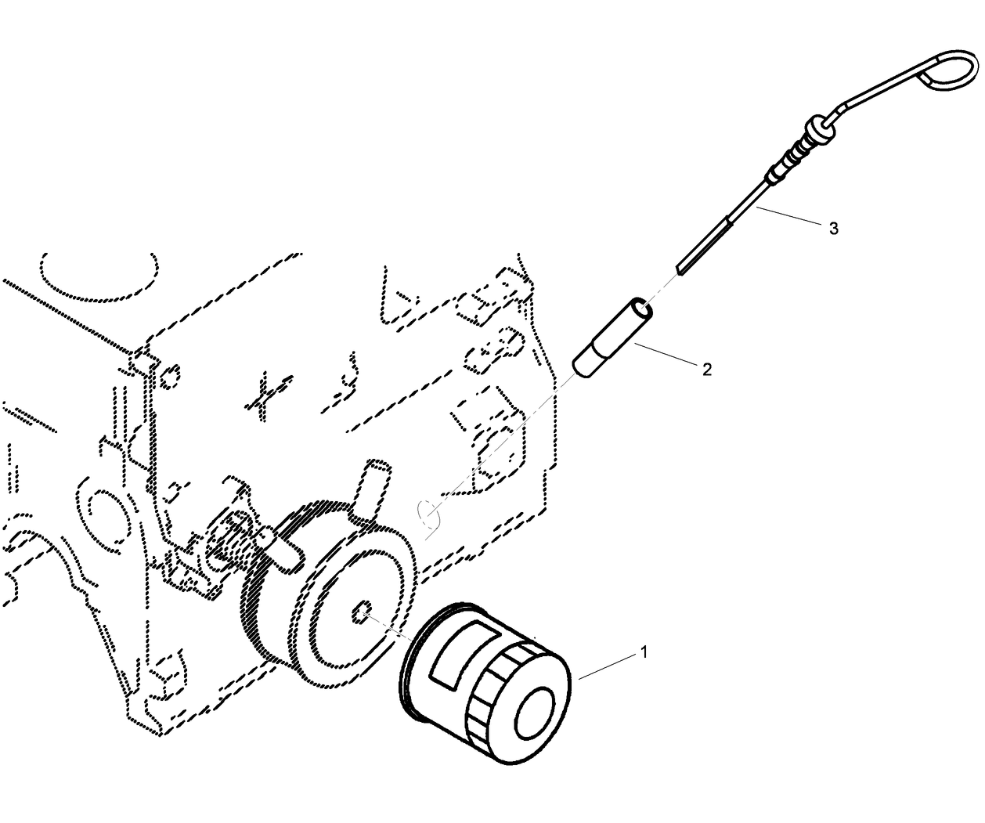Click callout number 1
[644, 652]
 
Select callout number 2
[706, 369]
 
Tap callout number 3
[833, 228]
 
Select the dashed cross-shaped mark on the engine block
[266, 394]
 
